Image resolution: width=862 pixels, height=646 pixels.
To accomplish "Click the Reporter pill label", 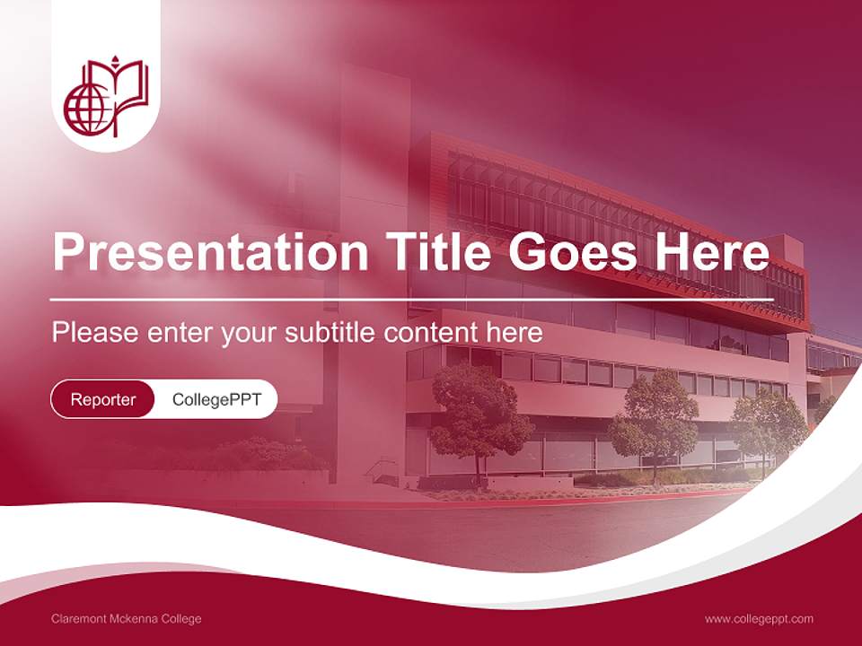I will (x=103, y=399).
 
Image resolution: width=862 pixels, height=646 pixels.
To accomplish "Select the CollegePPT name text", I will (x=216, y=399).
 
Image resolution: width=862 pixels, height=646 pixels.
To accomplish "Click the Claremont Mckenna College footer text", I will (x=127, y=619).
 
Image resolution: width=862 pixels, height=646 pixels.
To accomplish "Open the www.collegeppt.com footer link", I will (x=759, y=619).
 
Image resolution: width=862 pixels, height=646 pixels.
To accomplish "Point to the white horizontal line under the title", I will (x=412, y=300).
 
